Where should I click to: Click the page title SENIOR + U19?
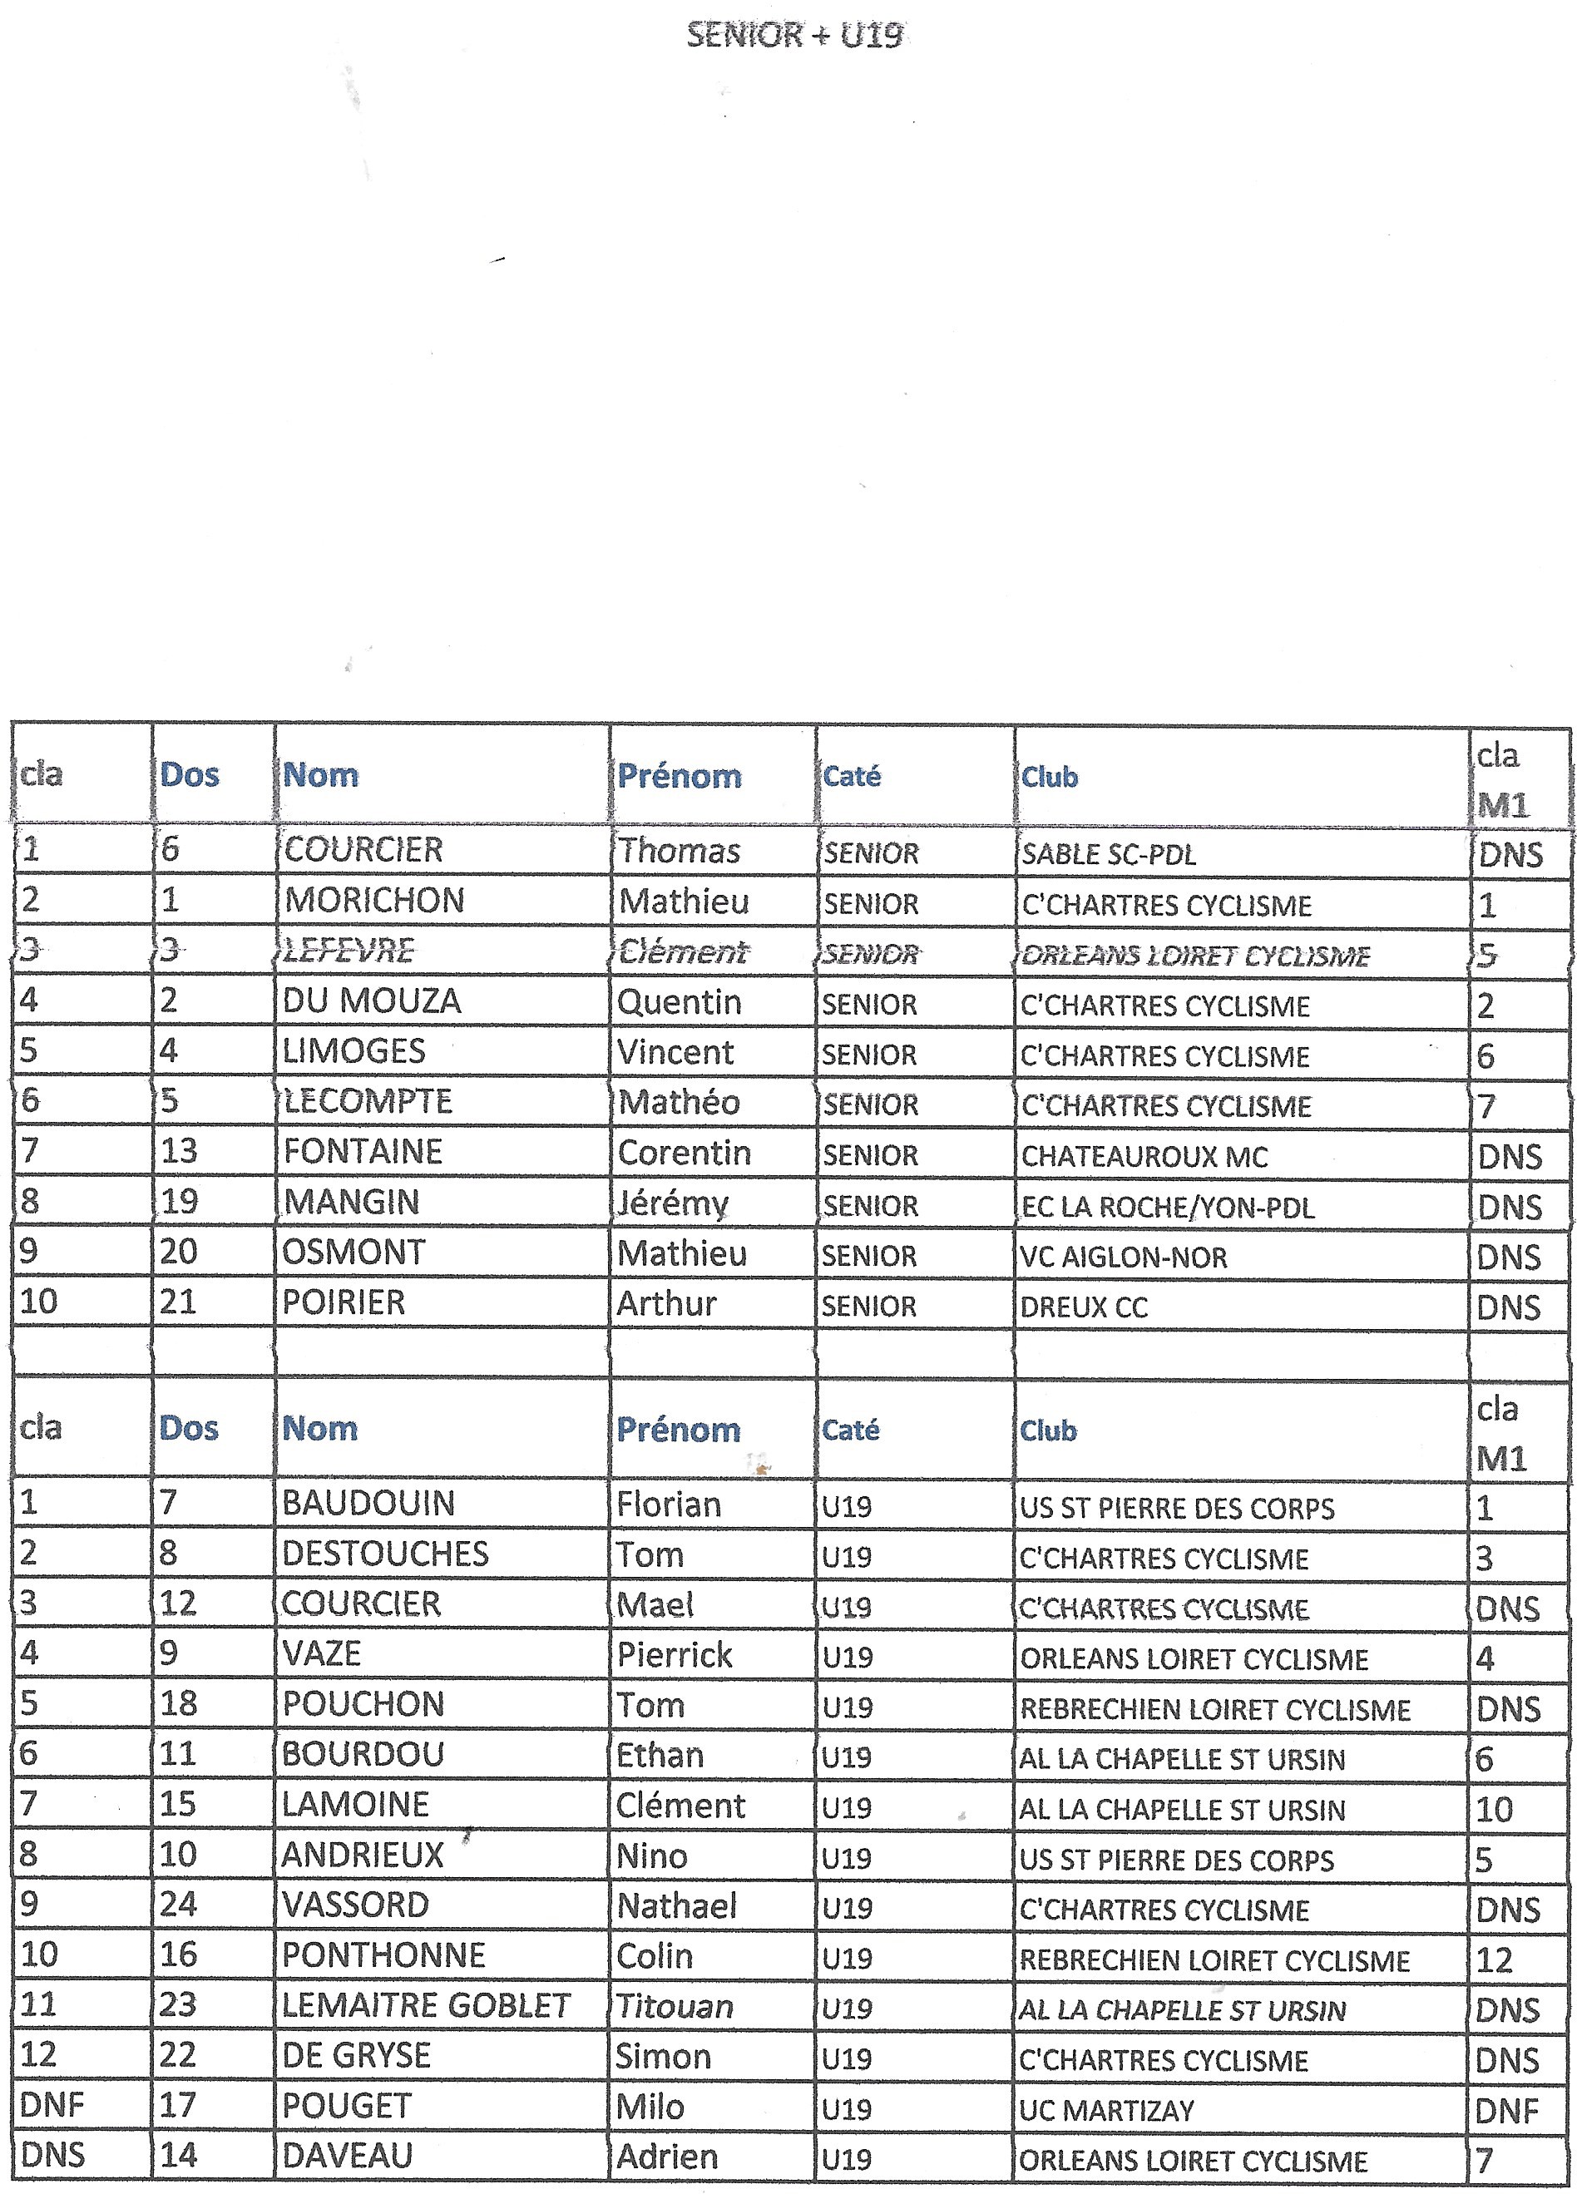point(794,36)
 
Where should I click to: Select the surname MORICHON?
point(374,901)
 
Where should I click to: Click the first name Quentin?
point(680,1002)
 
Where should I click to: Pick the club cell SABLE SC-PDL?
point(1109,854)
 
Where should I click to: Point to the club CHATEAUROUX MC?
point(1144,1156)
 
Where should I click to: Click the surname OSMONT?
point(353,1253)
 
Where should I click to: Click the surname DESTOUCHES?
point(385,1554)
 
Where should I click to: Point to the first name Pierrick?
point(675,1655)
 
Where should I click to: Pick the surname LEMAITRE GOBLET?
point(426,2006)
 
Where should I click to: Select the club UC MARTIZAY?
point(1107,2111)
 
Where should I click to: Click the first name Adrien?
point(666,2157)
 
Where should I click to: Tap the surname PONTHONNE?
point(383,1955)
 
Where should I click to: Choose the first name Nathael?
point(677,1905)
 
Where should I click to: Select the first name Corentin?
point(684,1153)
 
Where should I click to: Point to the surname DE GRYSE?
point(356,2056)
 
